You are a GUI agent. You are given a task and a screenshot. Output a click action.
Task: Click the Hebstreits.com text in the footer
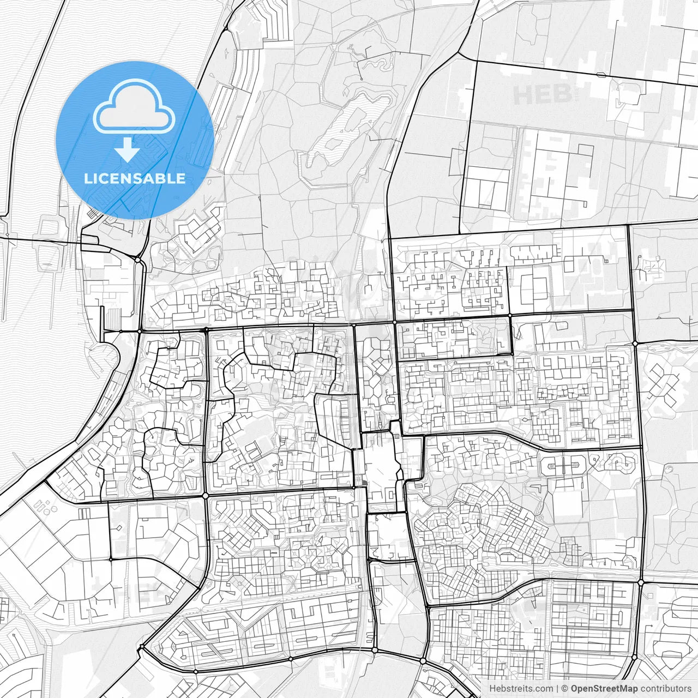point(521,689)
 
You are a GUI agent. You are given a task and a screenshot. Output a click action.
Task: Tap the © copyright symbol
point(565,689)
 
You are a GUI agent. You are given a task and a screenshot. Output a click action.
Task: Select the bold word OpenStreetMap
point(605,689)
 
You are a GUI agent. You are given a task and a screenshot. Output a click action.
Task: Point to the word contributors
point(666,689)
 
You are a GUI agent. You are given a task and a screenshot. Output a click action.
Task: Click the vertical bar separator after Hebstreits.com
point(558,689)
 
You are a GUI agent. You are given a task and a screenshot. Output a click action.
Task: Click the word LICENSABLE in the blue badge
point(135,178)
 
